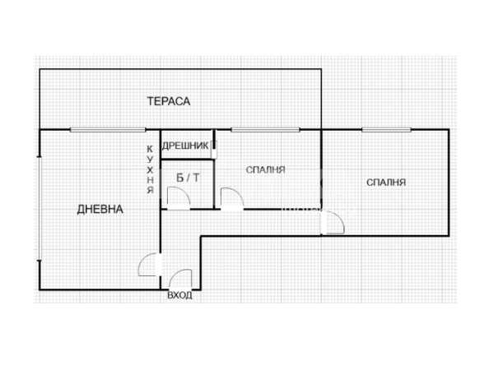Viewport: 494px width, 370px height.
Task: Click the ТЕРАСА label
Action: coord(169,101)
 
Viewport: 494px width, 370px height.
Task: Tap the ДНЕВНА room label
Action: coord(100,209)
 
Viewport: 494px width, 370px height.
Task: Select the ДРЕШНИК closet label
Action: coord(185,146)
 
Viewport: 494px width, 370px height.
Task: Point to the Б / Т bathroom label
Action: coord(188,178)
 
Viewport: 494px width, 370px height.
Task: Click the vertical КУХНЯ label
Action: coord(151,169)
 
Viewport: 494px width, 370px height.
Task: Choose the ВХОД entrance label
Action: coord(179,295)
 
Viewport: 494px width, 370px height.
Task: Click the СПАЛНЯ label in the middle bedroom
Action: coord(265,170)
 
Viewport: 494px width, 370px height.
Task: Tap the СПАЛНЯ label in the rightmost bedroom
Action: coord(386,183)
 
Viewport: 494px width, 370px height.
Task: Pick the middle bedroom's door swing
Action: coord(232,199)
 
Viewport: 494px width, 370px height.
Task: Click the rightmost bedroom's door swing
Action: coord(333,223)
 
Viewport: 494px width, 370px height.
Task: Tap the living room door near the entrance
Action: coord(151,265)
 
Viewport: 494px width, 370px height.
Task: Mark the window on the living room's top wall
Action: coord(108,130)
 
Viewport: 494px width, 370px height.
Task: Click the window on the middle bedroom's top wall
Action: coord(265,130)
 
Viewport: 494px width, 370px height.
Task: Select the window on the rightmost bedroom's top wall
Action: coord(387,130)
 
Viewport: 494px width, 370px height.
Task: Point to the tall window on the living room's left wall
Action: coord(40,208)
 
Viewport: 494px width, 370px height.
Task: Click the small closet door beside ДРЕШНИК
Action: coord(214,150)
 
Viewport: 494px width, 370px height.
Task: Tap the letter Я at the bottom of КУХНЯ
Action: coord(151,191)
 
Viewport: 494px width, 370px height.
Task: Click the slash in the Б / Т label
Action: coord(188,178)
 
